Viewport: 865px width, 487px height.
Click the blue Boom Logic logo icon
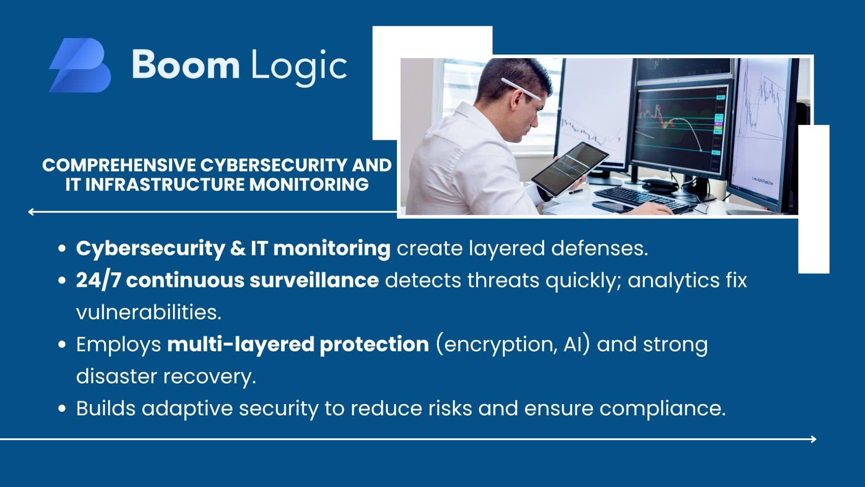coord(80,65)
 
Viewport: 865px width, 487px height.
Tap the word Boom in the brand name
coord(186,64)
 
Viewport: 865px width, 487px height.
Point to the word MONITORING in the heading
coord(309,184)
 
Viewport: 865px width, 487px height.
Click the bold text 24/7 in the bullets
coord(98,280)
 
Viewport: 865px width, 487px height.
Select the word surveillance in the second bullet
coord(314,280)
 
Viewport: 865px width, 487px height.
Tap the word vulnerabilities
coord(149,312)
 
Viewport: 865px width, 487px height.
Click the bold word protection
coord(374,345)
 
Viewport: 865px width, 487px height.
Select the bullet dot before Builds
coord(63,409)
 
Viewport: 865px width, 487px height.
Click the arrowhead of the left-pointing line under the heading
coord(31,211)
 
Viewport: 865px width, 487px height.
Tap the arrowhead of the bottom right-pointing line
coord(814,439)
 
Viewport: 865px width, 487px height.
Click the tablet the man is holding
coord(570,169)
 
